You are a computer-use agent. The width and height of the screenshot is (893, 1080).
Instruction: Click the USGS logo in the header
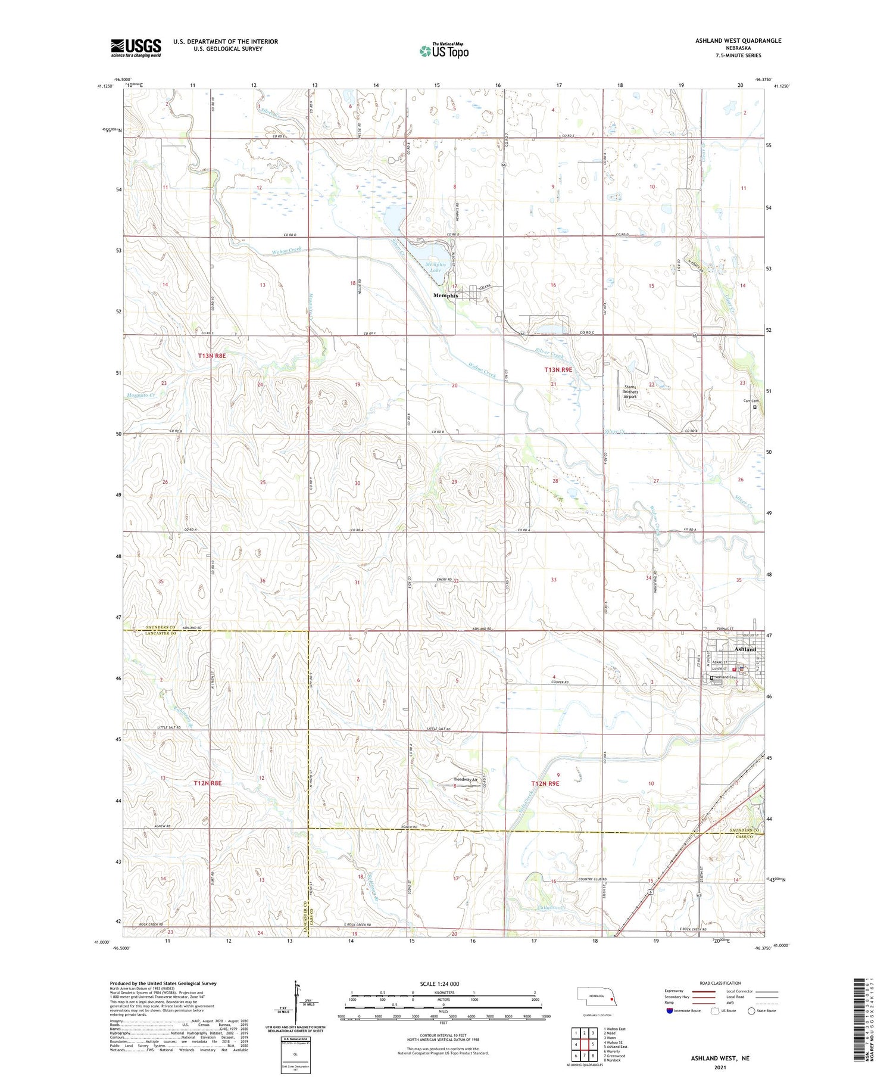(136, 48)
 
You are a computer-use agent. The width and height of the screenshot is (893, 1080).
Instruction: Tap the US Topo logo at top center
(444, 51)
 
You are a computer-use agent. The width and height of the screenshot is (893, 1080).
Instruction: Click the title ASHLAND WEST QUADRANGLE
(738, 41)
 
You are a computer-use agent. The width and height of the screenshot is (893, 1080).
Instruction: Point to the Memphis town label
(446, 295)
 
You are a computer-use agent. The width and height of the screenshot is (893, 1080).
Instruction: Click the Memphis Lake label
(435, 267)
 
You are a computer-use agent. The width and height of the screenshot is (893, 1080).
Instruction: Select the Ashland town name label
(745, 649)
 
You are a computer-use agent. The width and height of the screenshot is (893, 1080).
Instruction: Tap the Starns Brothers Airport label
(630, 391)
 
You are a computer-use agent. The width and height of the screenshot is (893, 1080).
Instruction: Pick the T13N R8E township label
(212, 356)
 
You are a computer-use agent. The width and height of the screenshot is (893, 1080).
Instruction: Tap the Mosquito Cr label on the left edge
(141, 395)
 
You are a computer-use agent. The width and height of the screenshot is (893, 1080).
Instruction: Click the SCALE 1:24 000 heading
(440, 984)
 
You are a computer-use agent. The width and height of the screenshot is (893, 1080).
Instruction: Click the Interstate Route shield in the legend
(670, 1011)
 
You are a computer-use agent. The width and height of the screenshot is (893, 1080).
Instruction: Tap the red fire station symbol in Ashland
(734, 669)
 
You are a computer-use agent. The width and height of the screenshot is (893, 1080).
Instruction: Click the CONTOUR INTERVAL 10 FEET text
(443, 1036)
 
